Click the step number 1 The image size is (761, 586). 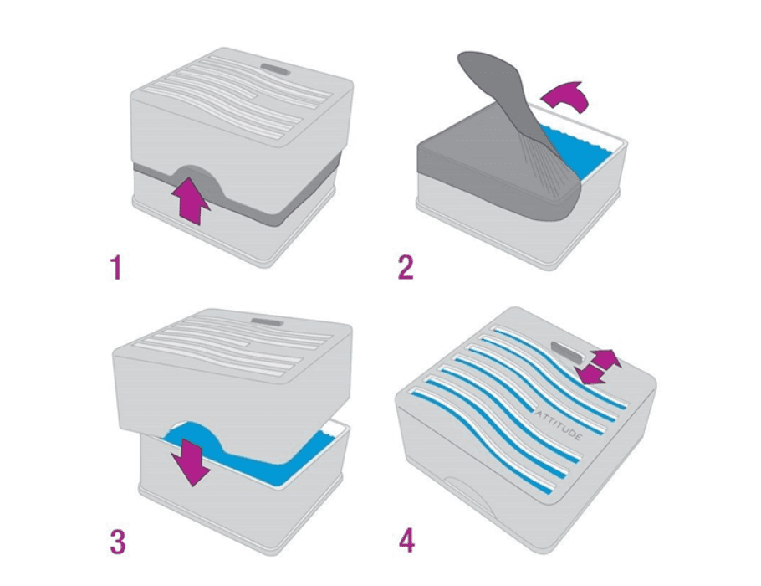tap(115, 268)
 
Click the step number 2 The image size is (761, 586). tap(406, 268)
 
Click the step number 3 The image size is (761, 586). tap(117, 542)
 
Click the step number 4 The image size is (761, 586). tap(406, 542)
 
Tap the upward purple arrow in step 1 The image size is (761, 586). tap(191, 200)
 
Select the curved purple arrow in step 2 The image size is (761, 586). tap(565, 96)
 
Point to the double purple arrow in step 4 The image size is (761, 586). tap(596, 367)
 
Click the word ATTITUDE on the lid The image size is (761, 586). tap(558, 425)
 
